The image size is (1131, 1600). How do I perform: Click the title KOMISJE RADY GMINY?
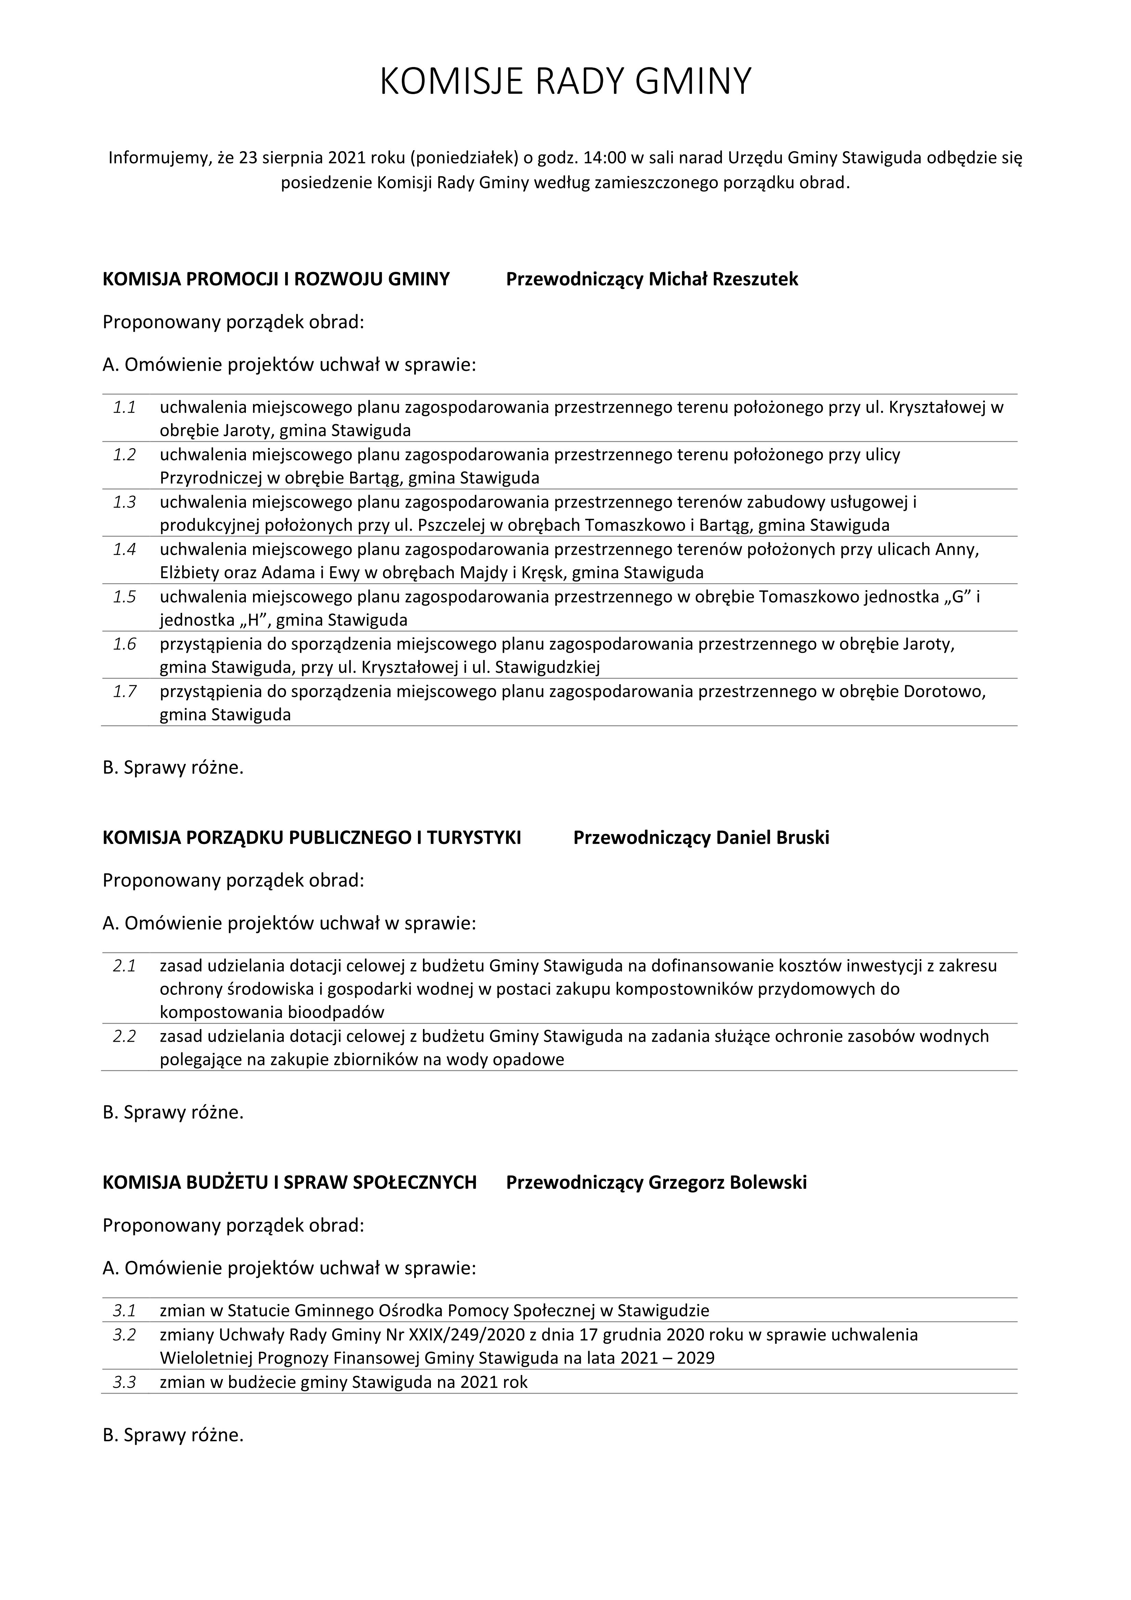pos(565,81)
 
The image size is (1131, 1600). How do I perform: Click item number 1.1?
pos(125,408)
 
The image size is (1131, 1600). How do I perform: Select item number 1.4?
pos(125,550)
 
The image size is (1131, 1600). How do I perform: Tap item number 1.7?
pos(125,692)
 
